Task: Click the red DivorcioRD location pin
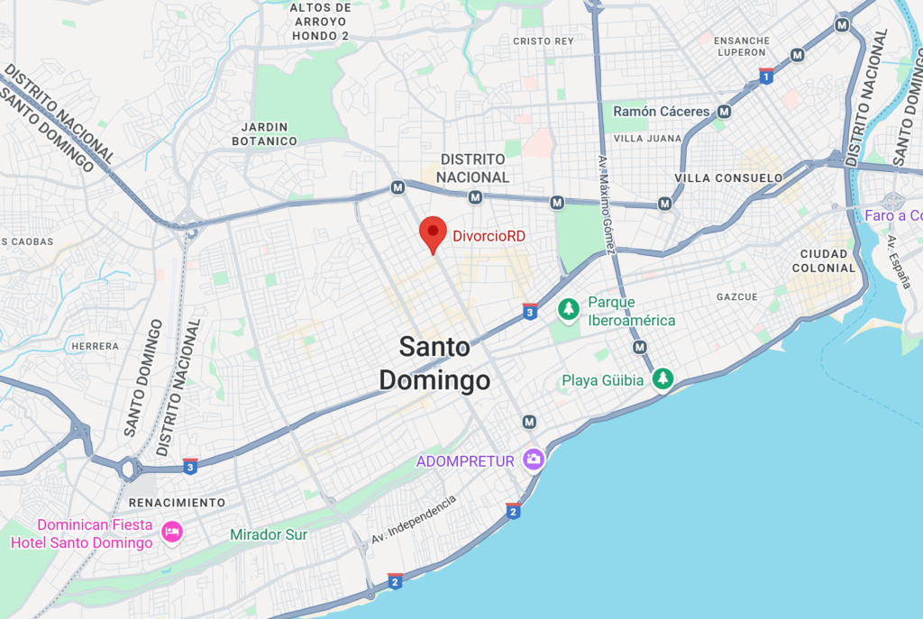pos(434,234)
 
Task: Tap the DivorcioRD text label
pos(489,236)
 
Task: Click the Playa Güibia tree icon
pos(663,379)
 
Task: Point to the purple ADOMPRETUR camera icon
pos(534,460)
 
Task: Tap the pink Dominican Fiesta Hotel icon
pos(171,532)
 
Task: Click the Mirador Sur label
pos(269,535)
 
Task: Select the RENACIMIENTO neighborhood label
pos(178,502)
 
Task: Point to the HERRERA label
pos(96,346)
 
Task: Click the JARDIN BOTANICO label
pos(264,134)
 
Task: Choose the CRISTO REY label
pos(544,41)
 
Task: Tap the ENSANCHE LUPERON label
pos(742,47)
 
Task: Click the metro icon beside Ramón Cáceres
pos(726,112)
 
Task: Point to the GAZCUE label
pos(737,296)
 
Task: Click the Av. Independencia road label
pos(414,520)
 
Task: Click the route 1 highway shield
pos(766,76)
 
